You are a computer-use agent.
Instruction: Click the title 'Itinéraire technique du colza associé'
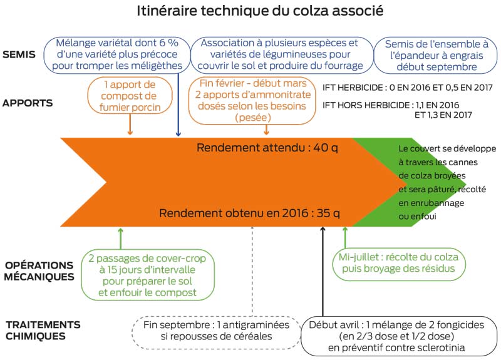260,11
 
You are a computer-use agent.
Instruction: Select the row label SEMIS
19,54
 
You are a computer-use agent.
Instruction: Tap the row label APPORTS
28,103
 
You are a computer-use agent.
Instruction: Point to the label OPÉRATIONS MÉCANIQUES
39,271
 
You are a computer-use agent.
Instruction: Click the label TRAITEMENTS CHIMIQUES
43,331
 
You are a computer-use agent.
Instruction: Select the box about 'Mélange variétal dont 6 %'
117,54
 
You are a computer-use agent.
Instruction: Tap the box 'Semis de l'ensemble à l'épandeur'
436,55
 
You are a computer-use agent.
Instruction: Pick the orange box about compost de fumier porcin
130,96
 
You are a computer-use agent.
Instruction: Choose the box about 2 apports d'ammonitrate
252,100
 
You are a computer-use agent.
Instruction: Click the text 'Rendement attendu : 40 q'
267,148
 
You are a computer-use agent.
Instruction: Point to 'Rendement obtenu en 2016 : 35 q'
249,213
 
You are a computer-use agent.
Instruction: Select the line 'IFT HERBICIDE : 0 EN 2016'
408,88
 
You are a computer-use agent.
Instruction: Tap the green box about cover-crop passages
148,275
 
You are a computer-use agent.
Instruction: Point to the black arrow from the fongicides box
323,272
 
